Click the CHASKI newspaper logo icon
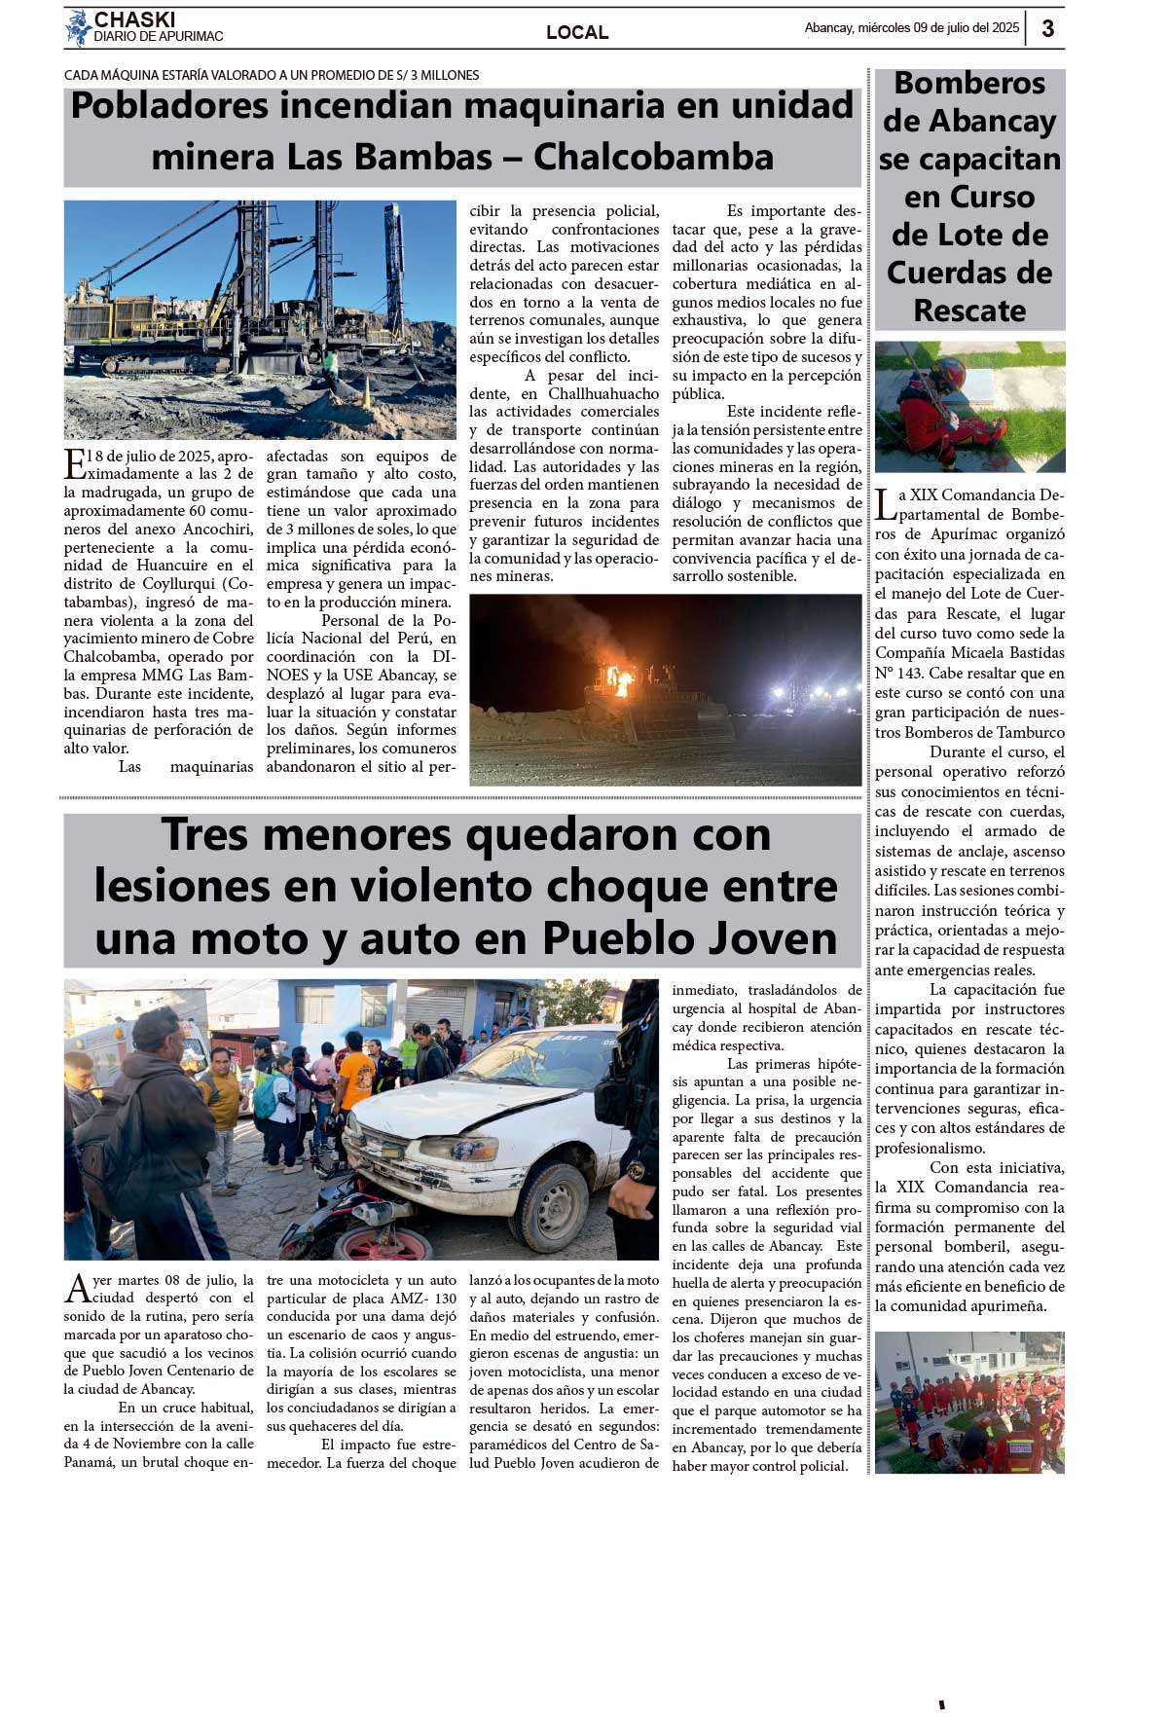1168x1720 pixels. [x=78, y=28]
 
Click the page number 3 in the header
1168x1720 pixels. [x=1047, y=28]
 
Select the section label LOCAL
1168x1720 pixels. [x=577, y=32]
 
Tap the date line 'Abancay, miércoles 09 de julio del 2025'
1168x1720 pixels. [x=911, y=28]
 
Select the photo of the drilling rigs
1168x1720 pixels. [x=260, y=319]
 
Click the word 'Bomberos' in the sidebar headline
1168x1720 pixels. [x=969, y=84]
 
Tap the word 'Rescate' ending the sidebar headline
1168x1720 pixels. [x=969, y=311]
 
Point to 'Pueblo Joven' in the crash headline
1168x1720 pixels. [x=689, y=938]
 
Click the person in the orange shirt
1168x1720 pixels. [x=354, y=1076]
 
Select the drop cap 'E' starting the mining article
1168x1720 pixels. [x=74, y=464]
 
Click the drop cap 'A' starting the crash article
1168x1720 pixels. [x=77, y=1289]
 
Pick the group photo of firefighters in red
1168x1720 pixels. [x=969, y=1402]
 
